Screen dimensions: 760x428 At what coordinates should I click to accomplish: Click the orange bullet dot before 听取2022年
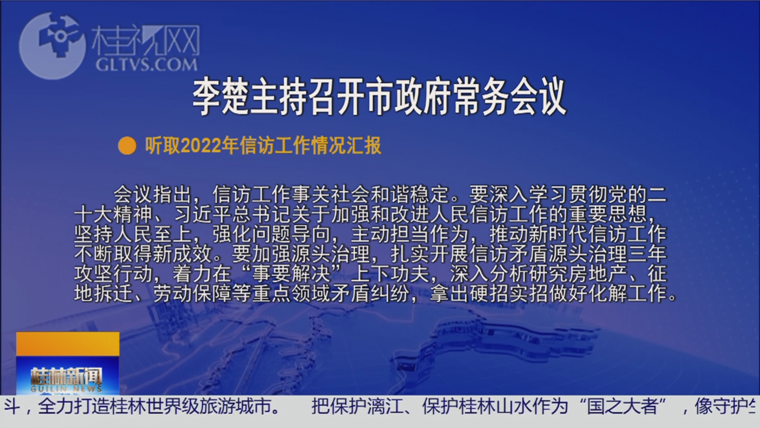(127, 145)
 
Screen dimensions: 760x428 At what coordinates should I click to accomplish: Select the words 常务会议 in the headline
(510, 96)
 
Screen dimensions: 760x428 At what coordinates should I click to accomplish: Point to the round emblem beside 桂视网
(52, 45)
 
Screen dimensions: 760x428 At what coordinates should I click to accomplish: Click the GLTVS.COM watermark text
(146, 65)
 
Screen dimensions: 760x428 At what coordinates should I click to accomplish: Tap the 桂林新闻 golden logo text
(66, 376)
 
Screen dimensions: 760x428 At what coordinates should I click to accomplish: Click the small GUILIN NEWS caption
(66, 389)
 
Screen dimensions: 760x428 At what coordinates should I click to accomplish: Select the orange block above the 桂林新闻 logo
(68, 344)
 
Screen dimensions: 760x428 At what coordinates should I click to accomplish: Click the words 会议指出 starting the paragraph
(152, 195)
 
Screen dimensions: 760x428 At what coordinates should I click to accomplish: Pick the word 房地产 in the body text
(598, 274)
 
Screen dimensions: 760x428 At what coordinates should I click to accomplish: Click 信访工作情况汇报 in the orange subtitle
(310, 146)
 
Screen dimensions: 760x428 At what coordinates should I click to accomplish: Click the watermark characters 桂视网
(146, 41)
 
